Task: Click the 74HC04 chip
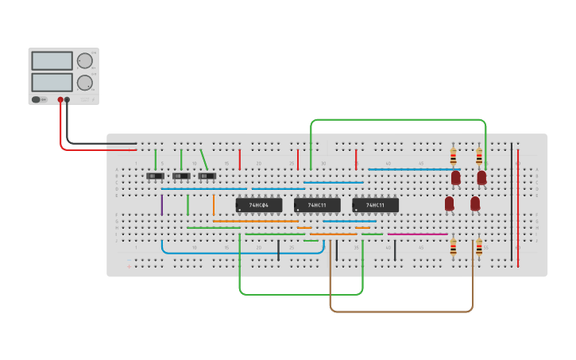(x=259, y=205)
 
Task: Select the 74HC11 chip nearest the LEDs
(x=375, y=205)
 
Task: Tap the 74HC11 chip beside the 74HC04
(x=317, y=205)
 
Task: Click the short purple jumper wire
(x=162, y=205)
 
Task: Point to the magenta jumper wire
(x=417, y=234)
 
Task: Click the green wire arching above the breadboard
(x=397, y=120)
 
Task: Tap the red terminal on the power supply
(x=60, y=100)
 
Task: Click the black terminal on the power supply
(x=68, y=100)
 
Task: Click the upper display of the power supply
(x=52, y=60)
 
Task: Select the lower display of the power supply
(x=52, y=82)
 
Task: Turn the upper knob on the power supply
(x=83, y=60)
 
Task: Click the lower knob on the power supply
(x=83, y=82)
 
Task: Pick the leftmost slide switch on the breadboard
(x=156, y=176)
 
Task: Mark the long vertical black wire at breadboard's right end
(x=512, y=203)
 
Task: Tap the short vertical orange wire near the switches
(x=213, y=205)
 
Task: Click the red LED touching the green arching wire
(x=481, y=176)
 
